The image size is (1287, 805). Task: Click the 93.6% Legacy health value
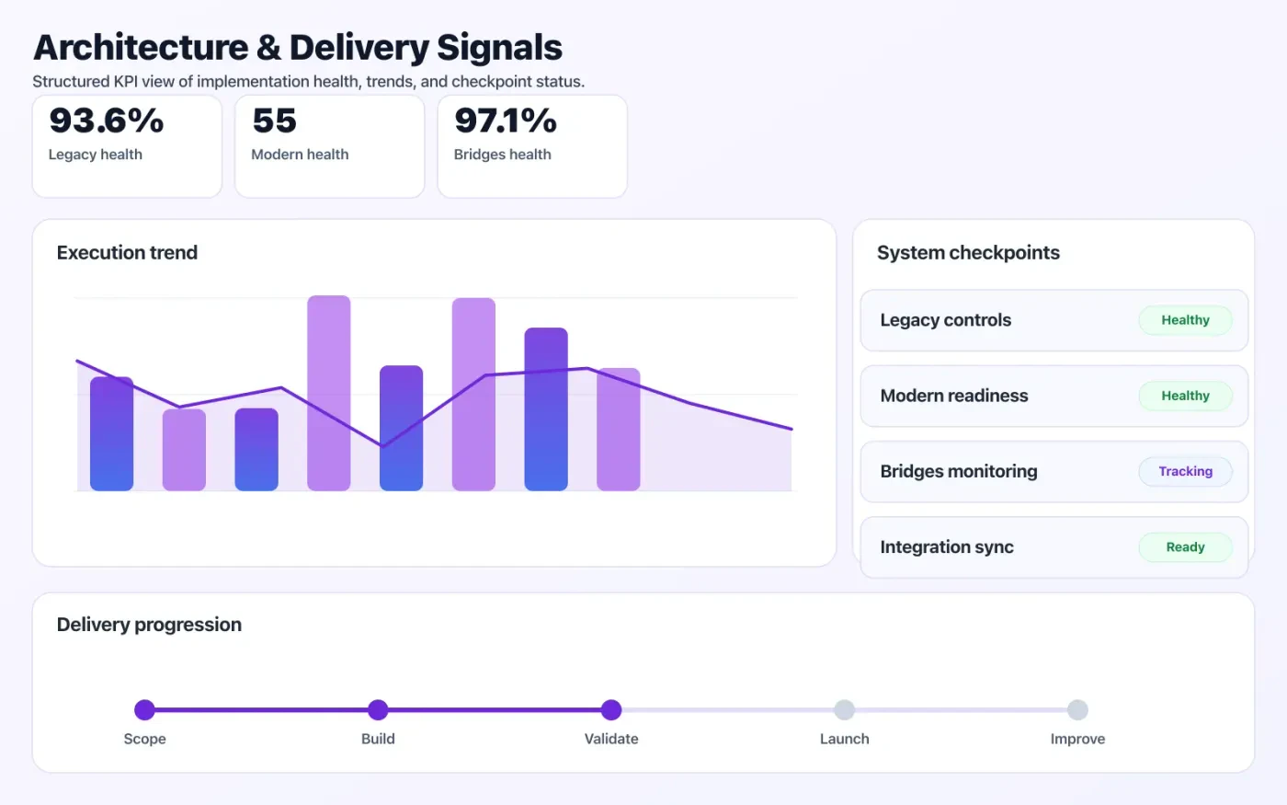(x=107, y=121)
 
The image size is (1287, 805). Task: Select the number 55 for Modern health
(x=274, y=121)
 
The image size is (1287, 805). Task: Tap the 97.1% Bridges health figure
(x=506, y=121)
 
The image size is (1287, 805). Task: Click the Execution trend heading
(x=127, y=253)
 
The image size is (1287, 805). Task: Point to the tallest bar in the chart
(x=328, y=393)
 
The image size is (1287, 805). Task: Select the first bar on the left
(x=111, y=433)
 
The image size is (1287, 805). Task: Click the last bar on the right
(x=618, y=429)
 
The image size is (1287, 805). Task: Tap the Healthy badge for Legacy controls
(x=1185, y=320)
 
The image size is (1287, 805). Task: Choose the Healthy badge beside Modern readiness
(x=1185, y=396)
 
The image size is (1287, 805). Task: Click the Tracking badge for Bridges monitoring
(x=1185, y=471)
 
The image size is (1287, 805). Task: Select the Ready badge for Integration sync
(x=1185, y=547)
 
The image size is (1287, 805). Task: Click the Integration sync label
(x=947, y=547)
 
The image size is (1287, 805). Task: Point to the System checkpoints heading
(x=968, y=253)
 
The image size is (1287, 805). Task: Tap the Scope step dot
(x=144, y=709)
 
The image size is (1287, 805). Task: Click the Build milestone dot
(x=378, y=709)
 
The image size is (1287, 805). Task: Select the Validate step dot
(x=611, y=709)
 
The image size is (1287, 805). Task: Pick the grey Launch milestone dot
(x=844, y=709)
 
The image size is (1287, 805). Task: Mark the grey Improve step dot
(x=1077, y=709)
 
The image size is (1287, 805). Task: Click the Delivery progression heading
(x=149, y=625)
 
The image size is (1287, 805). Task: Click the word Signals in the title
(x=499, y=48)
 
